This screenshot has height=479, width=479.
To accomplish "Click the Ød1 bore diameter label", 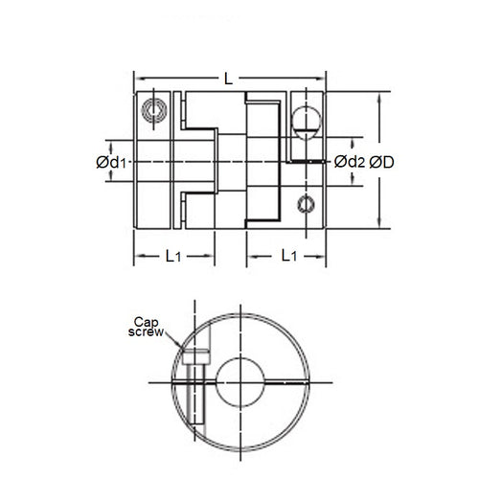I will (114, 163).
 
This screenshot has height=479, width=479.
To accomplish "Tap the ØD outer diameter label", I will (384, 163).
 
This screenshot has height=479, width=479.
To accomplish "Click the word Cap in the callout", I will (144, 321).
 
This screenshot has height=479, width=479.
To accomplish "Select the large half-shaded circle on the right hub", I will (303, 120).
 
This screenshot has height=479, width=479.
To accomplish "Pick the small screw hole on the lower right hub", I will (305, 202).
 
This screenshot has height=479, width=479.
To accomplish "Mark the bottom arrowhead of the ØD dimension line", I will (383, 227).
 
